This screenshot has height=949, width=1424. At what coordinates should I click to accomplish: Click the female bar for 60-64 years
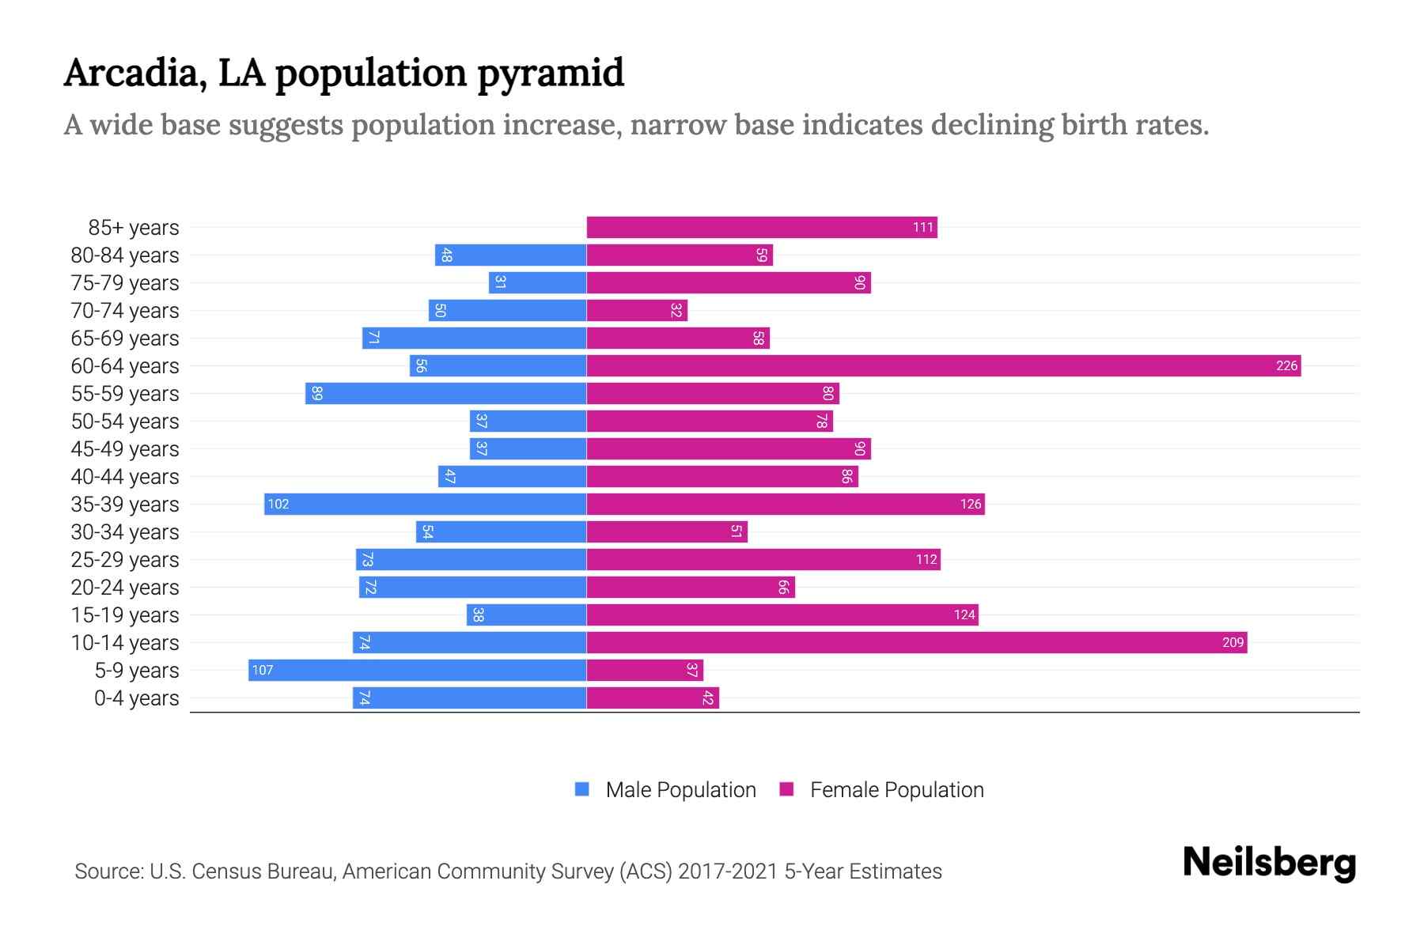(x=943, y=366)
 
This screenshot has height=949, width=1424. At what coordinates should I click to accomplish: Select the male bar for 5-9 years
(x=417, y=671)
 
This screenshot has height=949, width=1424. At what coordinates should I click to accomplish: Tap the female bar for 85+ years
(x=761, y=228)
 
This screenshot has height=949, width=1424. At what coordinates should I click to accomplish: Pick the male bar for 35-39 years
(x=425, y=505)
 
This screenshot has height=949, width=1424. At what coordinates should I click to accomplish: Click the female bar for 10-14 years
(x=916, y=643)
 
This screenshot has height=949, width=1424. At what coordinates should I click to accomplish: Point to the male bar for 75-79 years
(x=537, y=283)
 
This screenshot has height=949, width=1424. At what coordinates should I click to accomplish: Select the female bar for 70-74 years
(x=637, y=311)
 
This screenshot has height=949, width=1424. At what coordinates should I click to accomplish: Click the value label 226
(x=1286, y=366)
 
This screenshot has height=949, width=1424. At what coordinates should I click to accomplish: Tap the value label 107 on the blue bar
(x=262, y=671)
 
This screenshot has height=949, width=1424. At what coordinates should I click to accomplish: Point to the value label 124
(x=964, y=615)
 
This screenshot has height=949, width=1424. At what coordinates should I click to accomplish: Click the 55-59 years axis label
(x=125, y=394)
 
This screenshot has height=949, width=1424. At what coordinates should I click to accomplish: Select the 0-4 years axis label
(x=136, y=698)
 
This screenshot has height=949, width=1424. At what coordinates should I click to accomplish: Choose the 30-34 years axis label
(x=125, y=532)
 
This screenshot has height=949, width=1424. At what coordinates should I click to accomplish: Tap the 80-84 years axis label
(x=125, y=255)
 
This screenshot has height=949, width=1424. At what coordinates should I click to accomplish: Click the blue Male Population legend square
(x=582, y=789)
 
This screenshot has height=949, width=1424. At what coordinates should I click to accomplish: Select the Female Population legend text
(x=896, y=790)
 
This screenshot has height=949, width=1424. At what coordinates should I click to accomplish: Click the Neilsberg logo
(x=1269, y=863)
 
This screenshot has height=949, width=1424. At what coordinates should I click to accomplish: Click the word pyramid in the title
(x=551, y=74)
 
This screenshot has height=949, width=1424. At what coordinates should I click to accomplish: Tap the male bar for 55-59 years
(x=445, y=394)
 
